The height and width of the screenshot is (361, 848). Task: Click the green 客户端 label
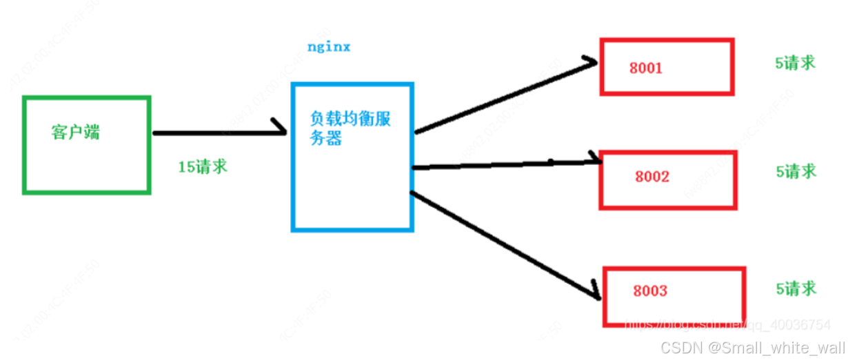(x=75, y=133)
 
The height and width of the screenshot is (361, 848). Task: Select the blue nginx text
(x=329, y=48)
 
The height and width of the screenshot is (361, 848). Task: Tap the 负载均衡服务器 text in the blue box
(x=350, y=128)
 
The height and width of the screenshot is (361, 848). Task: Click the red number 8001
(x=645, y=68)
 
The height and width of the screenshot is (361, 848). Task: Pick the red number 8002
(x=652, y=177)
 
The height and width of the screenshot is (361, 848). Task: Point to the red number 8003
(x=649, y=291)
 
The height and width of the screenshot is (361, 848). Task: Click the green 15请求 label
(x=203, y=166)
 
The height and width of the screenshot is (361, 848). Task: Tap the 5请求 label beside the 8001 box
(x=796, y=63)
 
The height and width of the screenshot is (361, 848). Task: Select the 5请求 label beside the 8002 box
(x=796, y=170)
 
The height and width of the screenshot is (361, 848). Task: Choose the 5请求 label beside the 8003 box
(x=796, y=288)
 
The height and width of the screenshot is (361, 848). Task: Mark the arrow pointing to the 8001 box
(x=503, y=97)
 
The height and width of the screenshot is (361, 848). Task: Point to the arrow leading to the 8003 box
(x=503, y=244)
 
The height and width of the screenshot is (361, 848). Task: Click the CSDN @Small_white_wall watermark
(x=751, y=348)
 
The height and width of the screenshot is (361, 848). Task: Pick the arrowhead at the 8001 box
(x=589, y=64)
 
